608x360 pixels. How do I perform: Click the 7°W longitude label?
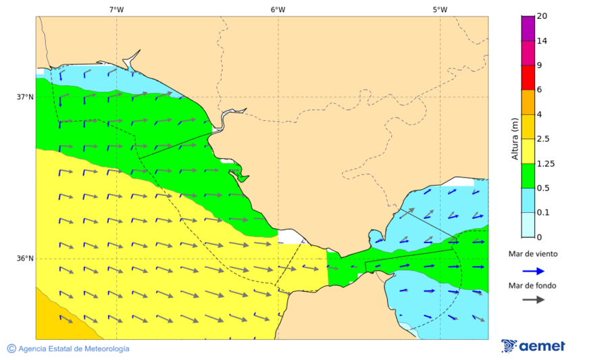(116, 9)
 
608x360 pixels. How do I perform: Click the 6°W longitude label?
(278, 9)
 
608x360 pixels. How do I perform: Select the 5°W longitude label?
(440, 9)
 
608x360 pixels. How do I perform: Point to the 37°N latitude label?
(25, 97)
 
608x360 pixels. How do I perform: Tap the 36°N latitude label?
(25, 258)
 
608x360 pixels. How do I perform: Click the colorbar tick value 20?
(541, 16)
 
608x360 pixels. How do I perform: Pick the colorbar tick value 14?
(541, 41)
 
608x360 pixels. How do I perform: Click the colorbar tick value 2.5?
(542, 139)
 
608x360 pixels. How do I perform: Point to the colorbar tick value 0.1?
(542, 213)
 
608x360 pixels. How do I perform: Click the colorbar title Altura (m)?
(515, 138)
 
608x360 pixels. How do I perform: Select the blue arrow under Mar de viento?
(534, 271)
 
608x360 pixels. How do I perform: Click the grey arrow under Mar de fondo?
(534, 299)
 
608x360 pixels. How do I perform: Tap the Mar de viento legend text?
(534, 254)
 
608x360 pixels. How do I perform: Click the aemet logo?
(533, 346)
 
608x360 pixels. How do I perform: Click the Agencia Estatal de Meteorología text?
(74, 349)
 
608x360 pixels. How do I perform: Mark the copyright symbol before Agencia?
(11, 349)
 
